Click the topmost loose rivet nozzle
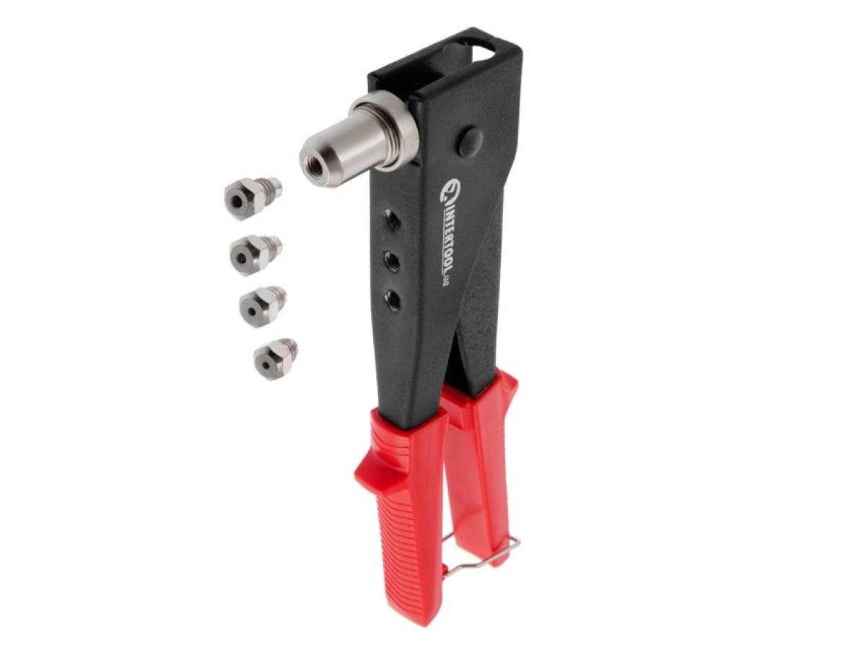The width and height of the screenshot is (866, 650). (x=253, y=196)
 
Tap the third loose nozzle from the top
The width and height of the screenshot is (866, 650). (x=263, y=305)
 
